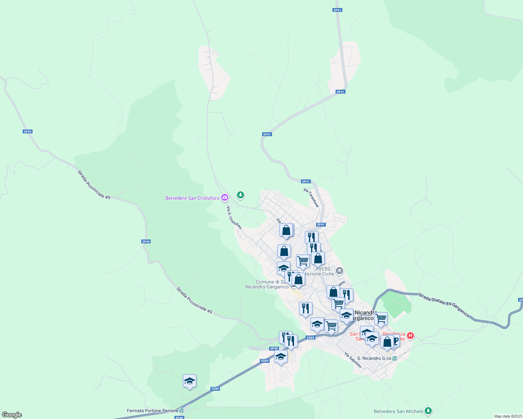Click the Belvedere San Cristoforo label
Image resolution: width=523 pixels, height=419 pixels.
point(192,198)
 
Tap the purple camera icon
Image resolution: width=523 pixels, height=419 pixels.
point(225,198)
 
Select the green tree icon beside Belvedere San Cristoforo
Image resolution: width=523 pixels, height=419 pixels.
point(240,195)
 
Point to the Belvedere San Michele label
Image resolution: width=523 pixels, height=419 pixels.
point(398,411)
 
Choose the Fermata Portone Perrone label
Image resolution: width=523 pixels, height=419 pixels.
point(152,411)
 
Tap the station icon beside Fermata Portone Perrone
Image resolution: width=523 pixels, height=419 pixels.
point(181,411)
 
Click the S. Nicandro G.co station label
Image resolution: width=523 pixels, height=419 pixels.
point(374,358)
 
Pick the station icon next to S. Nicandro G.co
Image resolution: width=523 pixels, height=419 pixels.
point(395,358)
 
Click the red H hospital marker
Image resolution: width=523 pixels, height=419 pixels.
point(410,336)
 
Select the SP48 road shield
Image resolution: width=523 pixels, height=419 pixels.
point(179,418)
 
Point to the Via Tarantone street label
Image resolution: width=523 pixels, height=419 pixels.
point(311,198)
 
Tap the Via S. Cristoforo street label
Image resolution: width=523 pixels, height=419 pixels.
point(234,218)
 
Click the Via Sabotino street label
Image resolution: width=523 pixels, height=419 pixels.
point(353,360)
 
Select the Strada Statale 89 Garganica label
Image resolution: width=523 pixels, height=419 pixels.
point(444,305)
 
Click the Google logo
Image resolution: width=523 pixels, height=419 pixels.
point(12,415)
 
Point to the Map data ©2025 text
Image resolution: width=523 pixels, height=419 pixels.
point(508,416)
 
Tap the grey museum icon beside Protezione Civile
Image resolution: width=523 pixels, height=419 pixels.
point(339,271)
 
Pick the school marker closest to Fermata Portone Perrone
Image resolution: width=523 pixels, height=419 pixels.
point(189,381)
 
